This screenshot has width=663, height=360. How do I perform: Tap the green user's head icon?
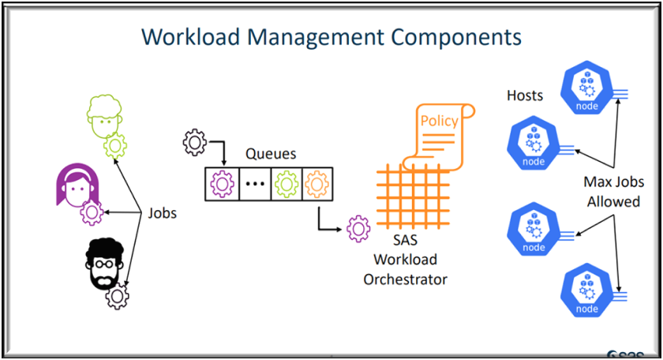(x=103, y=116)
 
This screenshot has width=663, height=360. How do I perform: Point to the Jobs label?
(x=163, y=213)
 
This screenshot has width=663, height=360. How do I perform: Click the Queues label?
(x=271, y=153)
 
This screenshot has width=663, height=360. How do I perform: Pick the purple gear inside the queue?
(x=221, y=184)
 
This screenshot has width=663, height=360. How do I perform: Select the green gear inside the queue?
(x=286, y=184)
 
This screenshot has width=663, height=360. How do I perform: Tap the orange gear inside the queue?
(x=317, y=184)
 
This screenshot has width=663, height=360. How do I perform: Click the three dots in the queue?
(x=253, y=185)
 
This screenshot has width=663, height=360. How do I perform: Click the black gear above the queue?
(x=194, y=143)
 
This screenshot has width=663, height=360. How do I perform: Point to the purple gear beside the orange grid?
(x=358, y=229)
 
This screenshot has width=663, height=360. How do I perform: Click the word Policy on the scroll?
(x=438, y=121)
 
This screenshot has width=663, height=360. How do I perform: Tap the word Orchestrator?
(x=405, y=279)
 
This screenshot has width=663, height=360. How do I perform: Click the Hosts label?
(x=525, y=96)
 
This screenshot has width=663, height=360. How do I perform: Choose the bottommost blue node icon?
(x=587, y=293)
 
